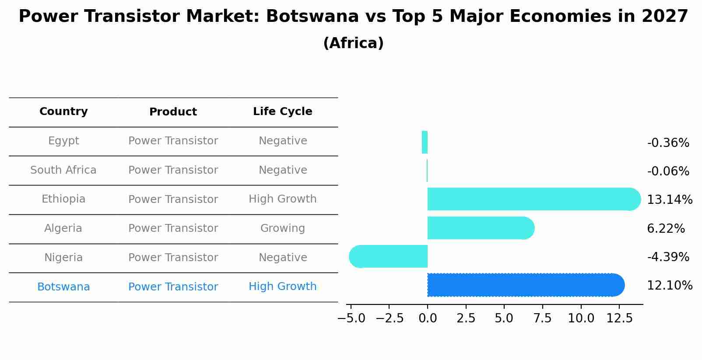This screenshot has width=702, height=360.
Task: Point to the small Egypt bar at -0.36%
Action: pyautogui.click(x=425, y=142)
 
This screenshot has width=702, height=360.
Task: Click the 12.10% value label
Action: pyautogui.click(x=669, y=286)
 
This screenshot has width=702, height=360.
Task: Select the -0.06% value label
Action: pyautogui.click(x=668, y=171)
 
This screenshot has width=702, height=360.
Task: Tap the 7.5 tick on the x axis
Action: pyautogui.click(x=542, y=318)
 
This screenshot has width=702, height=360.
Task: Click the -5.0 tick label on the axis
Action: pyautogui.click(x=351, y=318)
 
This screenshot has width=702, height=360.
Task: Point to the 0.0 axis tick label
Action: pyautogui.click(x=428, y=318)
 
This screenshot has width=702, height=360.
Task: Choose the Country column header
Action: pyautogui.click(x=63, y=112)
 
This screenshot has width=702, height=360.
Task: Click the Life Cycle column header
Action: pyautogui.click(x=282, y=112)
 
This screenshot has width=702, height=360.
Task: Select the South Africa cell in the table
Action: pyautogui.click(x=63, y=170)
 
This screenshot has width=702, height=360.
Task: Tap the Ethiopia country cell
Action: pyautogui.click(x=63, y=199)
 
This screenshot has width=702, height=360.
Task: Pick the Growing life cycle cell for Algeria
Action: pyautogui.click(x=282, y=228)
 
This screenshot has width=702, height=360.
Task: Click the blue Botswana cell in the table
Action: pyautogui.click(x=63, y=287)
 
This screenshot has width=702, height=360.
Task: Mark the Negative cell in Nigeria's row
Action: pyautogui.click(x=282, y=258)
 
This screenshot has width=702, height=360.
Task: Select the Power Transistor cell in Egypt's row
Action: pyautogui.click(x=173, y=141)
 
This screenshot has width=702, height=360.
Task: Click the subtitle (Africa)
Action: pyautogui.click(x=353, y=43)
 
